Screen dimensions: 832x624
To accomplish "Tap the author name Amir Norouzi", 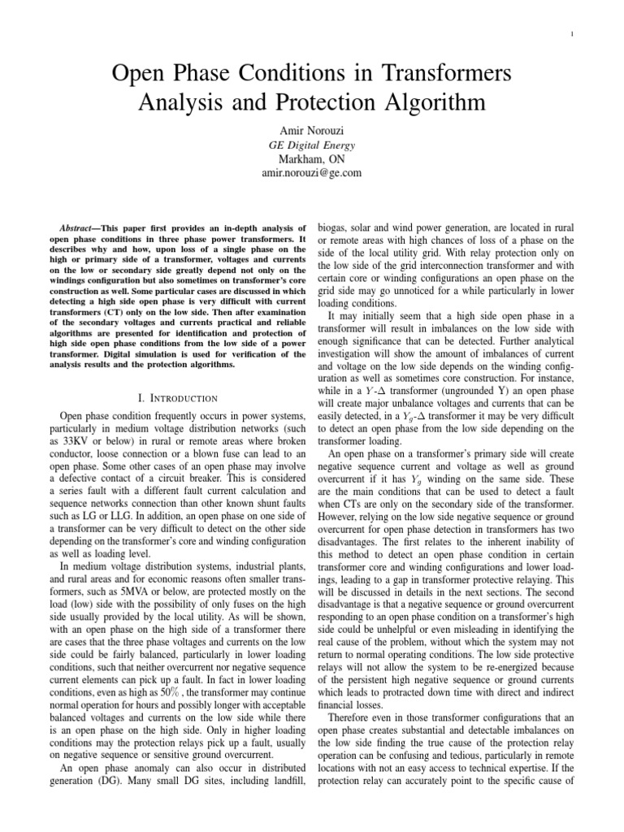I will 312,130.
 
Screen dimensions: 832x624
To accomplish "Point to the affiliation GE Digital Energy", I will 312,145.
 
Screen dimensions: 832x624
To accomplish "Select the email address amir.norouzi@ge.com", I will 312,173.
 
